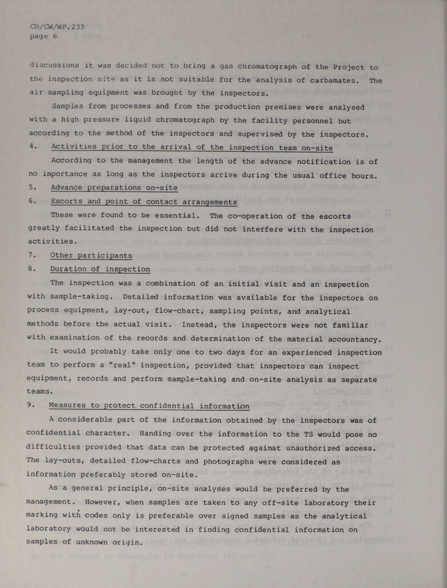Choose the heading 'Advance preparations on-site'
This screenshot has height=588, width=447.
pos(114,188)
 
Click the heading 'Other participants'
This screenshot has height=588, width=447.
pos(91,255)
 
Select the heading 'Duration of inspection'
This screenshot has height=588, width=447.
pos(100,269)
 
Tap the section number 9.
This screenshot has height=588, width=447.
pos(31,405)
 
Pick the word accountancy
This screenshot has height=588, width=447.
pos(354,339)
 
